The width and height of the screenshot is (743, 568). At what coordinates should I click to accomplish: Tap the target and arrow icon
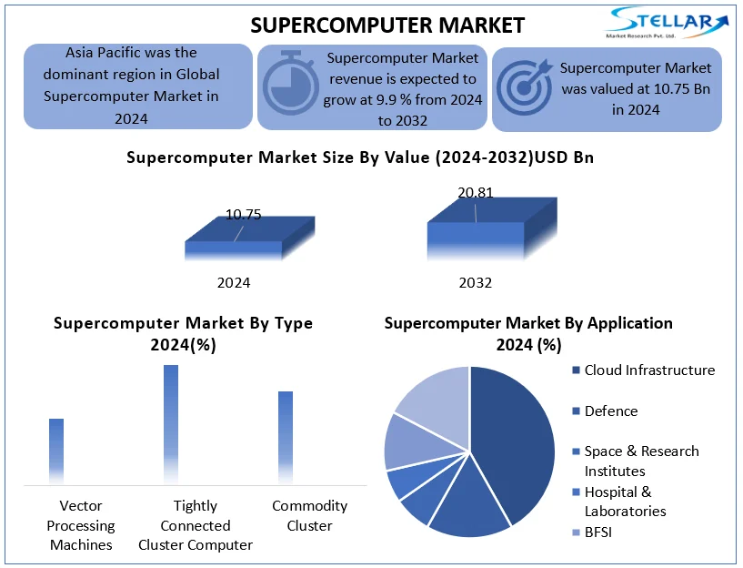point(525,86)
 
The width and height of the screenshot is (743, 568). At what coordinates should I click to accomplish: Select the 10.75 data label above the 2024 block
point(243,215)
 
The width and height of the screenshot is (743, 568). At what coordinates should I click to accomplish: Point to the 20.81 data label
point(476,192)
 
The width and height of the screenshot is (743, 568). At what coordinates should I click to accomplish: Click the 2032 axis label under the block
point(476,282)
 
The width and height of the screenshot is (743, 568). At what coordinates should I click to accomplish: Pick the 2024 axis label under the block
point(234,282)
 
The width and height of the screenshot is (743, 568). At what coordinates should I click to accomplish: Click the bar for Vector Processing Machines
point(56,451)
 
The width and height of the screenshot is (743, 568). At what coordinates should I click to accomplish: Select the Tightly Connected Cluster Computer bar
point(171,425)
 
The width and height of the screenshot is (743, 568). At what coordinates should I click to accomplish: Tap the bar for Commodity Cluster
point(286,438)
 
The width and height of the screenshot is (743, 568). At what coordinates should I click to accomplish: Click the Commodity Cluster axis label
point(309,516)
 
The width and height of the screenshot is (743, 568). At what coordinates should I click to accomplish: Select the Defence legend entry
point(605,411)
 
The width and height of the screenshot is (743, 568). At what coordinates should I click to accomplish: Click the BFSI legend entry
point(592,532)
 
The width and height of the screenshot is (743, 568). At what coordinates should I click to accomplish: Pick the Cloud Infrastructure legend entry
point(644,370)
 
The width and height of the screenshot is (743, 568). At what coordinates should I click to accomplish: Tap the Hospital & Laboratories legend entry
point(619,502)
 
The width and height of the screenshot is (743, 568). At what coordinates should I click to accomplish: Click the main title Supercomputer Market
point(387,25)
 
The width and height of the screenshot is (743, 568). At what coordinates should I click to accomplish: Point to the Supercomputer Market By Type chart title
point(183,334)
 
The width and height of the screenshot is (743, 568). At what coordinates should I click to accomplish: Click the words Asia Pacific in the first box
point(99,52)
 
